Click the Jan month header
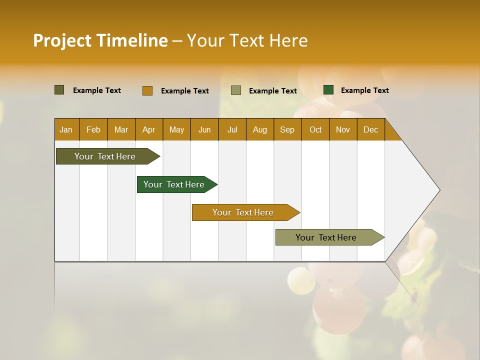click(66, 129)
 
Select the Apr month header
click(148, 129)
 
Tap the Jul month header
click(232, 129)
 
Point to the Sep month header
click(287, 129)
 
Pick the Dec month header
click(370, 129)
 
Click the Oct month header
click(315, 129)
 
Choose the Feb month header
click(93, 129)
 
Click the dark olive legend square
click(59, 90)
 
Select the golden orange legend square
click(147, 90)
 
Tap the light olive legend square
click(236, 90)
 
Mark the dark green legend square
click(328, 90)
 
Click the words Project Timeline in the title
click(100, 40)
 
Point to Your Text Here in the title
click(247, 40)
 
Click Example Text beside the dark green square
click(364, 90)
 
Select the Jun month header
click(204, 129)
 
